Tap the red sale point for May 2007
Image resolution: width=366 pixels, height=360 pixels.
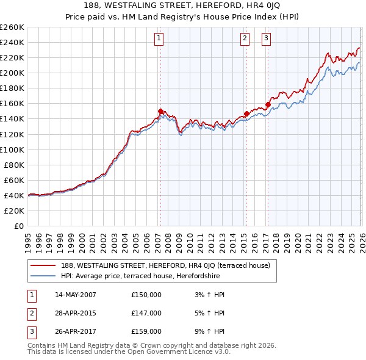[x=160, y=111]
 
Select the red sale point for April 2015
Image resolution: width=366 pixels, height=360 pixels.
[x=246, y=113]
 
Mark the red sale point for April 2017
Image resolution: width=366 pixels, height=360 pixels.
[x=268, y=104]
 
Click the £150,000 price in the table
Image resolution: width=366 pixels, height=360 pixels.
[x=146, y=295]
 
